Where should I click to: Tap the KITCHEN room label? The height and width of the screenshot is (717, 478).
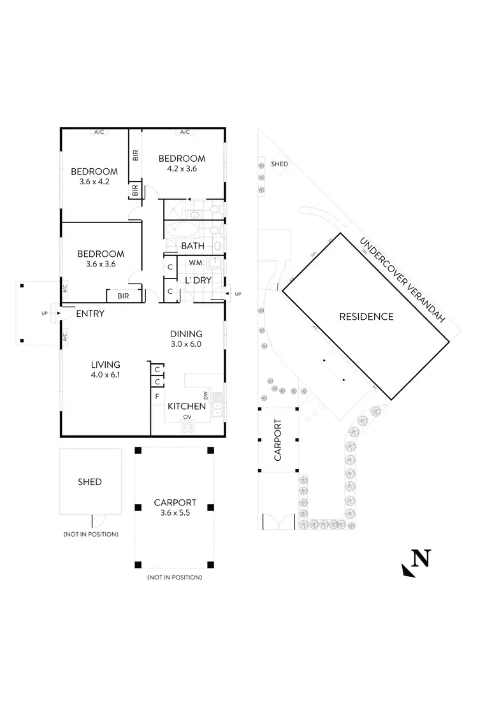click(186, 406)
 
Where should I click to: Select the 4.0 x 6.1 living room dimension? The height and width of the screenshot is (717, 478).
click(105, 375)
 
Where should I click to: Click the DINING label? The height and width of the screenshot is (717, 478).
click(186, 333)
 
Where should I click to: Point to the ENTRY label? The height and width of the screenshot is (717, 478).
click(90, 314)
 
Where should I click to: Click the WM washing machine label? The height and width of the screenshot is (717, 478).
click(196, 262)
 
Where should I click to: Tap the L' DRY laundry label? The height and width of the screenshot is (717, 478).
click(198, 280)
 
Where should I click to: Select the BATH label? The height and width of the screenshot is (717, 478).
click(192, 245)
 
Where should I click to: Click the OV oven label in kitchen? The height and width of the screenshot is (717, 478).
click(187, 417)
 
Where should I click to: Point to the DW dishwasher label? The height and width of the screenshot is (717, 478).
click(206, 395)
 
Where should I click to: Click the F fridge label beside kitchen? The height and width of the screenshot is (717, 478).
click(157, 396)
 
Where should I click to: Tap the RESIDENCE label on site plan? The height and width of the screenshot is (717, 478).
click(366, 316)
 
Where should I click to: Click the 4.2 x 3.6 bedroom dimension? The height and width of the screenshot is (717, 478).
click(182, 169)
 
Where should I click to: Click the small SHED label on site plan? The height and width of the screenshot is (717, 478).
click(279, 164)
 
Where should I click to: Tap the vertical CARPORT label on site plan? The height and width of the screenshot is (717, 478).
click(277, 439)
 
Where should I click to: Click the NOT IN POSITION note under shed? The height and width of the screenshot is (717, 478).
click(91, 534)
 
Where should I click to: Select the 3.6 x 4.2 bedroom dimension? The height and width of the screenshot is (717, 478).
click(94, 182)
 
